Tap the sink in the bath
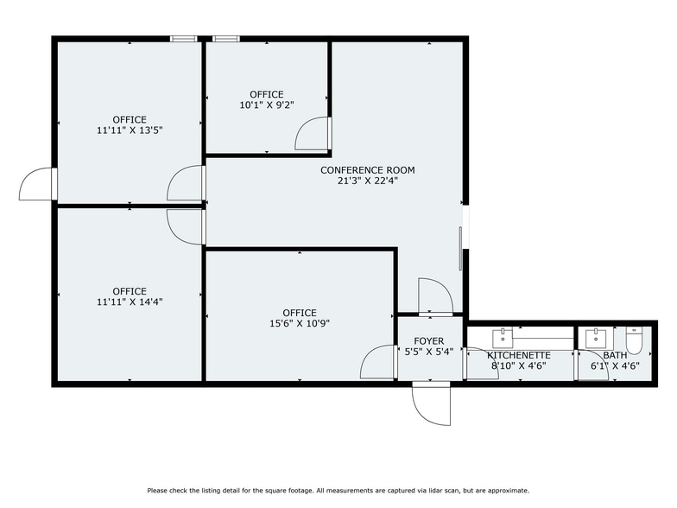click(595, 337)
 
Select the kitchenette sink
click(502, 337)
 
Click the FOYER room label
click(429, 341)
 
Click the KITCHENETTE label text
click(519, 355)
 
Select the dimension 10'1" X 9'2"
click(267, 105)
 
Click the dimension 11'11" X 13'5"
click(130, 130)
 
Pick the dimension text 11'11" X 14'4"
click(130, 302)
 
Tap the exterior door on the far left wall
click(38, 182)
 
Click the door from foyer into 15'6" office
click(379, 362)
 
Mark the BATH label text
click(615, 355)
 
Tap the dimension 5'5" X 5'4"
click(429, 352)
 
